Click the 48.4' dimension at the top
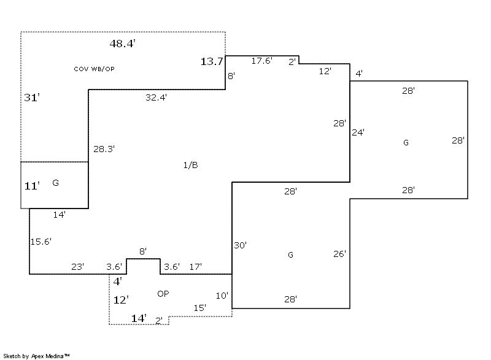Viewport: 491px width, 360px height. point(122,44)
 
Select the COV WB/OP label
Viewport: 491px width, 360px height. point(94,69)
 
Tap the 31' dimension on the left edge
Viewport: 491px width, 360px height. point(32,98)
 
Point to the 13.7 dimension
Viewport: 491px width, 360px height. point(212,61)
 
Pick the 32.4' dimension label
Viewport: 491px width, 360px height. point(157,97)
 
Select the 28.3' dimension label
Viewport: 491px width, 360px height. point(104,148)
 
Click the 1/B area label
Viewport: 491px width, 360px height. point(190,165)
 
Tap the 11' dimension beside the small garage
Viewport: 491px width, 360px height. point(32,186)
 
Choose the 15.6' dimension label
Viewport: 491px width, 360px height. point(41,242)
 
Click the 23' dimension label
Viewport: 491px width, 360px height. point(78,267)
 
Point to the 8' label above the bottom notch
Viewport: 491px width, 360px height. point(143,251)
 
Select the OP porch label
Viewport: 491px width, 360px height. point(163,294)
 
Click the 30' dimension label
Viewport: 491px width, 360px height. point(240,245)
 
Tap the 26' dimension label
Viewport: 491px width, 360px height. point(340,253)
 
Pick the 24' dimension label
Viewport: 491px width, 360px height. point(358,132)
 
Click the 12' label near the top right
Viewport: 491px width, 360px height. point(325,71)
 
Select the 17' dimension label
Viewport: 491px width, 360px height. point(196,267)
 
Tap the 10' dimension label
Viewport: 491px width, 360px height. point(222,296)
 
